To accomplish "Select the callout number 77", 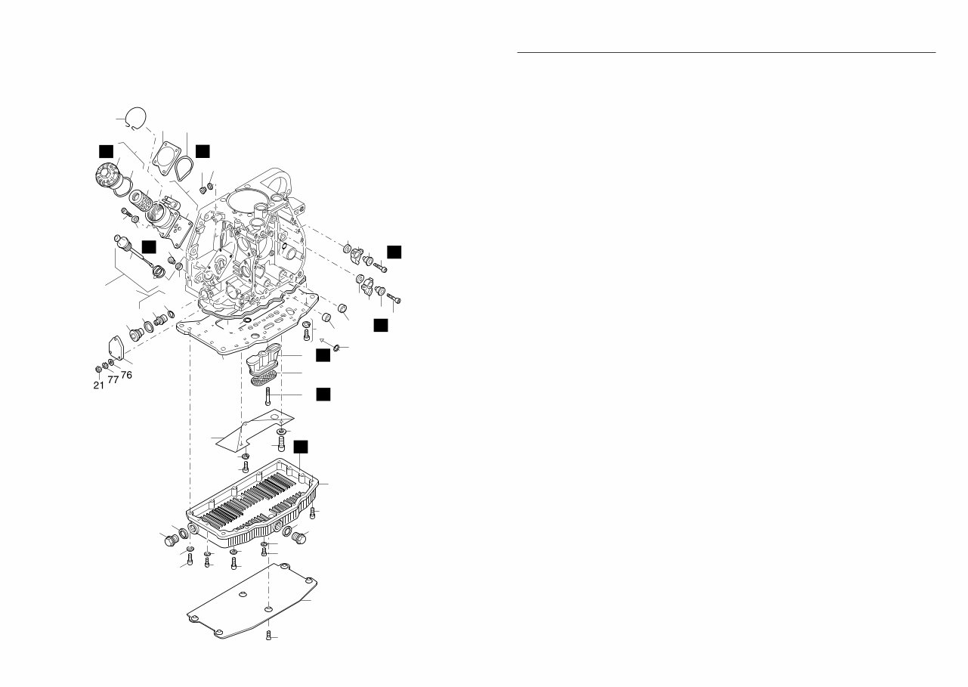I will pyautogui.click(x=113, y=379).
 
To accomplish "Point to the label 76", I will pyautogui.click(x=127, y=375).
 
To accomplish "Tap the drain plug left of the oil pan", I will pyautogui.click(x=171, y=540).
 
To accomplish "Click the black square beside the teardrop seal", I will pyautogui.click(x=203, y=151).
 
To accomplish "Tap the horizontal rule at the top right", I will pyautogui.click(x=725, y=53).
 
